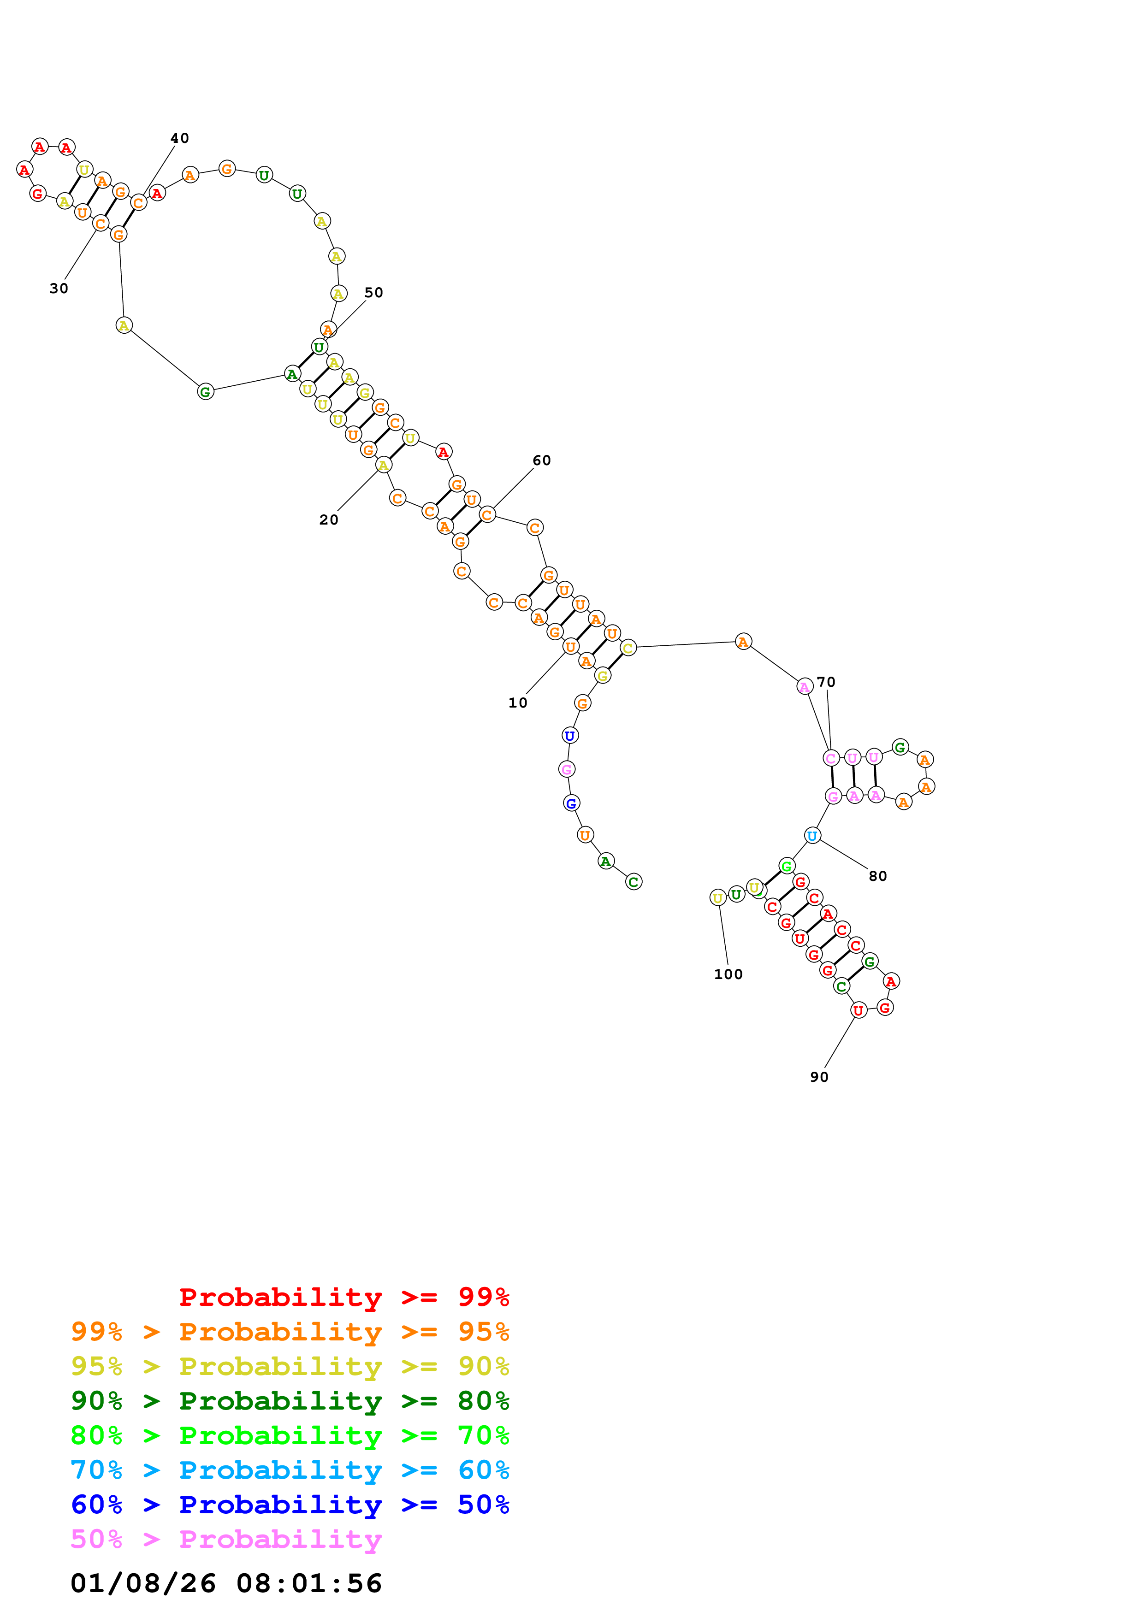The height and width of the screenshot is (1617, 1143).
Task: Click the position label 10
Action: click(x=518, y=703)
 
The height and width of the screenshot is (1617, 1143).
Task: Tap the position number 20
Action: click(x=329, y=520)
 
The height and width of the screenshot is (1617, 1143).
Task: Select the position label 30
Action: click(x=59, y=289)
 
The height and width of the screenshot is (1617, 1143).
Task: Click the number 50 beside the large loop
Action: click(x=374, y=293)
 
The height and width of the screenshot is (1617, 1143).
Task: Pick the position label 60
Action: click(x=542, y=460)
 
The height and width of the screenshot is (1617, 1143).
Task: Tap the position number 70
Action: click(x=826, y=683)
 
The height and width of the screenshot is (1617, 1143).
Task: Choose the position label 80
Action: click(x=877, y=876)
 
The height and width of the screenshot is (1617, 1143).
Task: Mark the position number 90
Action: click(x=819, y=1077)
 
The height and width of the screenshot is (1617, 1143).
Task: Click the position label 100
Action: click(x=728, y=975)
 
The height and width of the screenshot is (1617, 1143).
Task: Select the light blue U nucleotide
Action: click(x=812, y=836)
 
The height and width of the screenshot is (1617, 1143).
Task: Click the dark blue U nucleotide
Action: click(x=570, y=736)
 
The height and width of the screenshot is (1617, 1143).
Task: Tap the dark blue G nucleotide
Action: click(x=571, y=803)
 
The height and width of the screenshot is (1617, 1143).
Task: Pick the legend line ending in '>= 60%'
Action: click(x=290, y=1470)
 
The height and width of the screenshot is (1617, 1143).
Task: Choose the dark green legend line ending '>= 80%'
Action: click(x=290, y=1401)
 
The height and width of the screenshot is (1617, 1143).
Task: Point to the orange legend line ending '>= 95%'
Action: click(x=290, y=1332)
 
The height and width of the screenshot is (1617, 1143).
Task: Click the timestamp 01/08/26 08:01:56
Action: click(x=226, y=1583)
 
